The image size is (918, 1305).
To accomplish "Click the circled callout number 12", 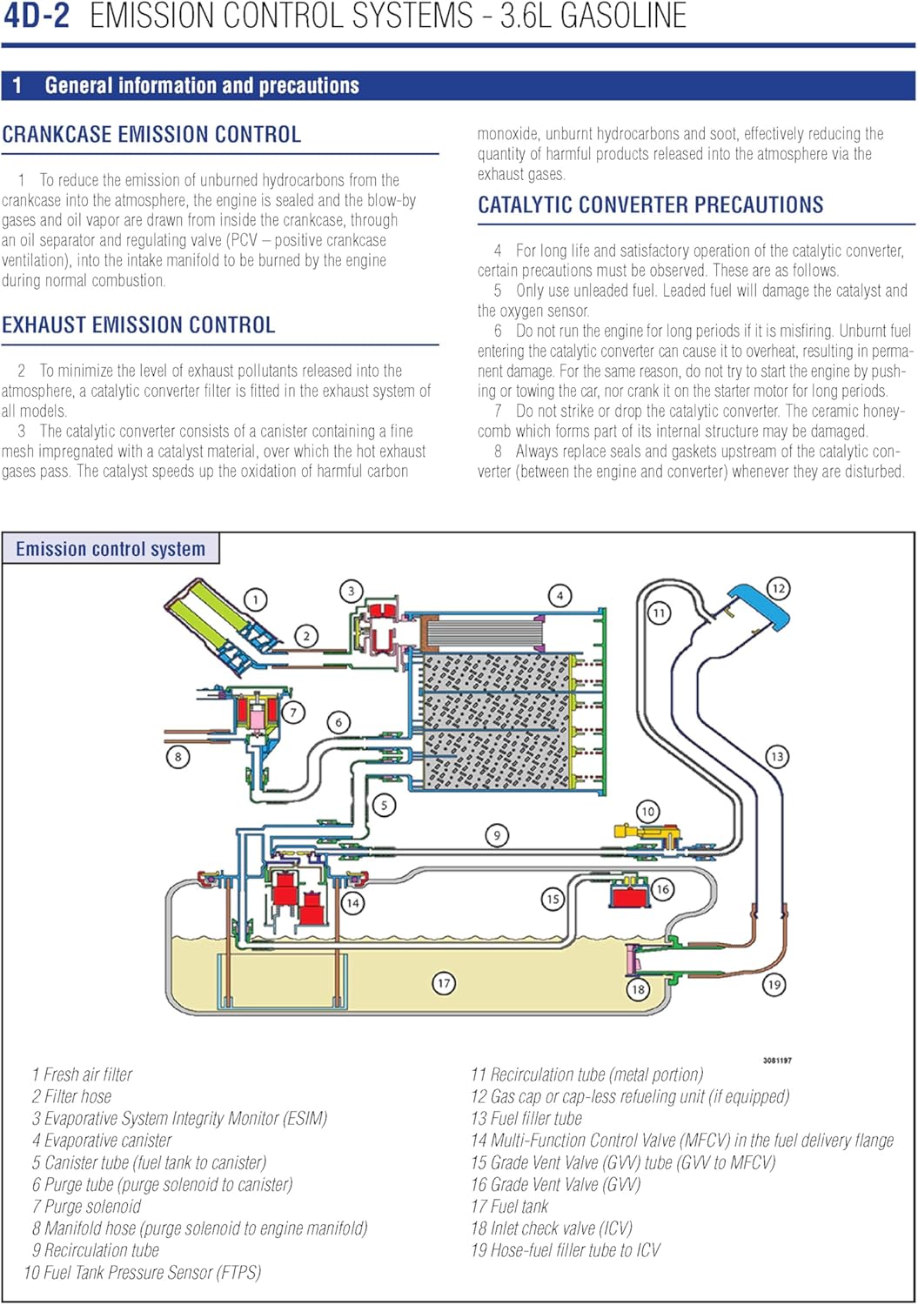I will [x=777, y=588].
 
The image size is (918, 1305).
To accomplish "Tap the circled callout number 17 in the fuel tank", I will [x=444, y=983].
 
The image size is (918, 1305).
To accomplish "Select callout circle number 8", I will [x=178, y=756].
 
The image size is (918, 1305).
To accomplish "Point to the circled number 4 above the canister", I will [x=560, y=596].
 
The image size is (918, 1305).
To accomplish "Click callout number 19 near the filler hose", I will [x=774, y=984].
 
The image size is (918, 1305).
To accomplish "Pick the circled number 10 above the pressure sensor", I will [x=647, y=812].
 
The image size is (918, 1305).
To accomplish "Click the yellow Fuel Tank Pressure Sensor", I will [x=649, y=833].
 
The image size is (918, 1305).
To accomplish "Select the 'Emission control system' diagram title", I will [x=111, y=549].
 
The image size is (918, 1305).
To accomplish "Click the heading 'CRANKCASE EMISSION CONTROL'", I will [x=151, y=135].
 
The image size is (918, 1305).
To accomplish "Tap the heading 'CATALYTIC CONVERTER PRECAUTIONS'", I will [x=650, y=205].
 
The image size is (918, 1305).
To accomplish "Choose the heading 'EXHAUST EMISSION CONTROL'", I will [x=138, y=325].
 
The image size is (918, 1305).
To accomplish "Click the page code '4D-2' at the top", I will [x=37, y=16].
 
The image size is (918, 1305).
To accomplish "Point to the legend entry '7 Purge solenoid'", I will [x=86, y=1207].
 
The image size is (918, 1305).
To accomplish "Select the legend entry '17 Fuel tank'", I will [x=509, y=1207].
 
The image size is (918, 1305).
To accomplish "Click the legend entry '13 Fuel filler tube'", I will [x=526, y=1119].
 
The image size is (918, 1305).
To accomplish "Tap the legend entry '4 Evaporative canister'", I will [x=102, y=1141].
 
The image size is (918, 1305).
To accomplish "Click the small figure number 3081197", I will [x=777, y=1061].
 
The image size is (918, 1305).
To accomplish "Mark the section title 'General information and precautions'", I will [x=202, y=85].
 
